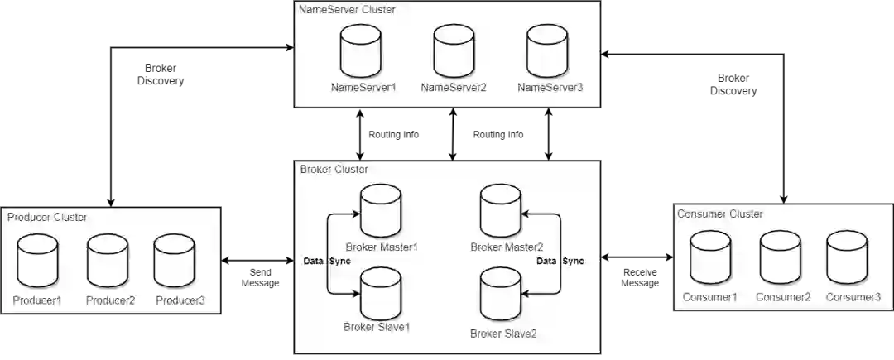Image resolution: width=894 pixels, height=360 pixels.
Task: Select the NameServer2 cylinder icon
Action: pyautogui.click(x=453, y=51)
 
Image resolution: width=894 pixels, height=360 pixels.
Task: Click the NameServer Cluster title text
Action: pyautogui.click(x=348, y=9)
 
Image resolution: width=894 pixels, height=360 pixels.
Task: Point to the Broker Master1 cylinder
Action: pyautogui.click(x=382, y=212)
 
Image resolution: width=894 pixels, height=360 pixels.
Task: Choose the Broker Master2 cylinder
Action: pyautogui.click(x=502, y=212)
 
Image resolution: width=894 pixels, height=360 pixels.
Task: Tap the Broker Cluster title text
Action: pyautogui.click(x=334, y=170)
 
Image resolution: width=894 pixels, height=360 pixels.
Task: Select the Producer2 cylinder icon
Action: pyautogui.click(x=108, y=262)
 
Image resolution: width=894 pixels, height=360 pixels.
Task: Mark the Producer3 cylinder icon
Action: pyautogui.click(x=175, y=262)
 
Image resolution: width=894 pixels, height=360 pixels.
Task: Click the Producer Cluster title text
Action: pyautogui.click(x=47, y=218)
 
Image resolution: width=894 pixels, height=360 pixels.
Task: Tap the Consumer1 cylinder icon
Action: pyautogui.click(x=711, y=258)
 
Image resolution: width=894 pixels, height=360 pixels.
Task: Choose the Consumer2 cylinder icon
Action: pyautogui.click(x=780, y=258)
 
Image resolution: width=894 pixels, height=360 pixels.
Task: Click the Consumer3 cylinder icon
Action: pyautogui.click(x=847, y=258)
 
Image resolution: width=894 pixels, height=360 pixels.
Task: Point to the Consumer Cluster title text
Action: pyautogui.click(x=720, y=214)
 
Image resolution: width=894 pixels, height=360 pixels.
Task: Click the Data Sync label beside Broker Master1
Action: pyautogui.click(x=327, y=262)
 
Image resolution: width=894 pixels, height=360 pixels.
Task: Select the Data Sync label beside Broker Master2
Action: pyautogui.click(x=560, y=262)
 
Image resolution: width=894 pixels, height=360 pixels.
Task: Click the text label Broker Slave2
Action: pyautogui.click(x=503, y=334)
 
